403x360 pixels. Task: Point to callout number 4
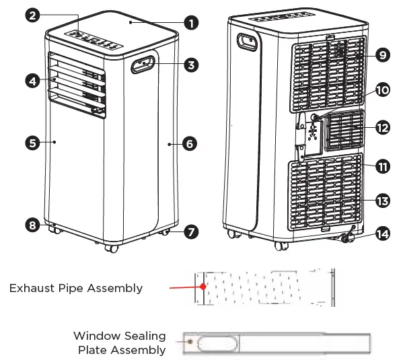[31, 81]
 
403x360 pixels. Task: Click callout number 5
[31, 142]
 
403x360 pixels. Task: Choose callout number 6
[190, 143]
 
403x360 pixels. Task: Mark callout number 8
[31, 225]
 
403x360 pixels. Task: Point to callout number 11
[382, 166]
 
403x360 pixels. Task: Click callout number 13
[382, 201]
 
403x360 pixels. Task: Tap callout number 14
[382, 235]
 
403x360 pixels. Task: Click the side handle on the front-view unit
[143, 65]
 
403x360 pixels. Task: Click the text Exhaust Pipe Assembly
[76, 288]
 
